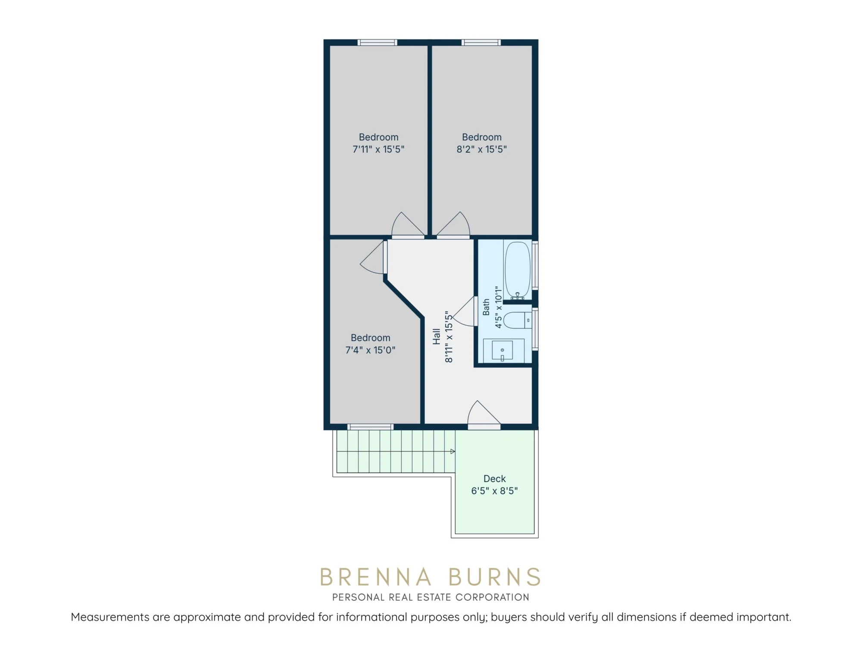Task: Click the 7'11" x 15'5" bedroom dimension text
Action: coord(378,149)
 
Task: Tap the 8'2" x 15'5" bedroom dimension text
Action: coord(481,149)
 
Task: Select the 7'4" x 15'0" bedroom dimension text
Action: coord(370,350)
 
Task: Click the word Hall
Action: coord(437,336)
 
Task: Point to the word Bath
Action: coord(486,307)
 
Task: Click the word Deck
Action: coord(494,478)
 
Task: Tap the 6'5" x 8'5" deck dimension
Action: coord(494,491)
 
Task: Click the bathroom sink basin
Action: coord(503,350)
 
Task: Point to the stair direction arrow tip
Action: coord(454,451)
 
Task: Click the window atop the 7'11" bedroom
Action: coord(377,42)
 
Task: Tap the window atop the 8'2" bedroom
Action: coord(481,42)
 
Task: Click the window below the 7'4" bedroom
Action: coord(371,427)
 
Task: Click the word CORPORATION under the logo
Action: coord(492,597)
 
